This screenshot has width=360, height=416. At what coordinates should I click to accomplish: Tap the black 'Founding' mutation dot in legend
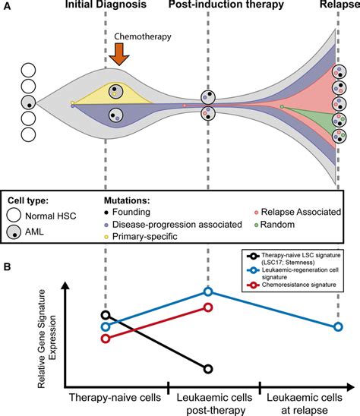106,213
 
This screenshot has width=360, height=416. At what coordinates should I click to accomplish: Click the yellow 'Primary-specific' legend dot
106,236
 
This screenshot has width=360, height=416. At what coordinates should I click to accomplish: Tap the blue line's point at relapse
338,326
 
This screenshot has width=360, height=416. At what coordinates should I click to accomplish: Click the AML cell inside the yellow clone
116,92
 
